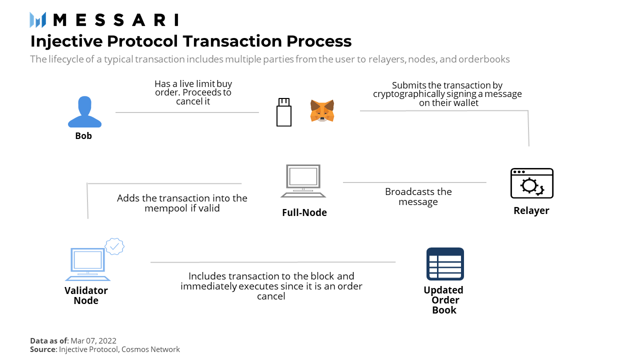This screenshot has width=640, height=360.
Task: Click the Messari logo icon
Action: point(38,20)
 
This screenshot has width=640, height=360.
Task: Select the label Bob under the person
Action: point(83,136)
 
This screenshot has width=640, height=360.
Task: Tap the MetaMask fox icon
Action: point(322,110)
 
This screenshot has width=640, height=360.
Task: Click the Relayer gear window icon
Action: point(531,183)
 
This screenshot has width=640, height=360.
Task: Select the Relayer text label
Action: point(531,210)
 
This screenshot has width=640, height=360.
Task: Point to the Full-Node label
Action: point(304,212)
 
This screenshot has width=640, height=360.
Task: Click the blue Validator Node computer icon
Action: point(87,264)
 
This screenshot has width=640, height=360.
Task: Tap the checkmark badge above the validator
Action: point(114,246)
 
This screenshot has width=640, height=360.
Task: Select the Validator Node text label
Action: point(86,295)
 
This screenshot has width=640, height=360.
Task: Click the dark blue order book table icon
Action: point(445,263)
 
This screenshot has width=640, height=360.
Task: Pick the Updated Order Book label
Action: point(443,300)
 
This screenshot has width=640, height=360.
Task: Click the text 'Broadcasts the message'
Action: point(418,196)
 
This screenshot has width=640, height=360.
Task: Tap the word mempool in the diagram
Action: point(166,208)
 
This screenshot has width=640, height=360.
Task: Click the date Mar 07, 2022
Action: point(93,340)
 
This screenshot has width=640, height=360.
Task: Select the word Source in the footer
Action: point(42,349)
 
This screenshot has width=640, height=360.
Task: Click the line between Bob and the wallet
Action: point(187,112)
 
